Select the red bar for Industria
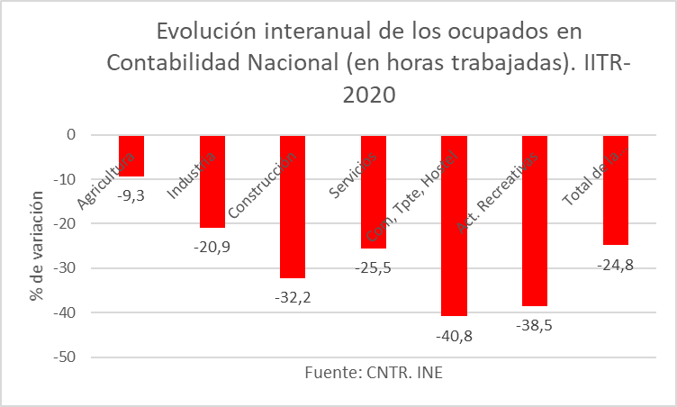coord(212,180)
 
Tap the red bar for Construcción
coord(293,206)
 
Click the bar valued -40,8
coord(454,225)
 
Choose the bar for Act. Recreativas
coord(534,221)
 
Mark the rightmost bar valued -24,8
coord(615,189)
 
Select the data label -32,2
coord(293,295)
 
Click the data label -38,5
coord(535,324)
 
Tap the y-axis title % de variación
coord(37,245)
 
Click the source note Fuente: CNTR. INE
coord(374,373)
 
